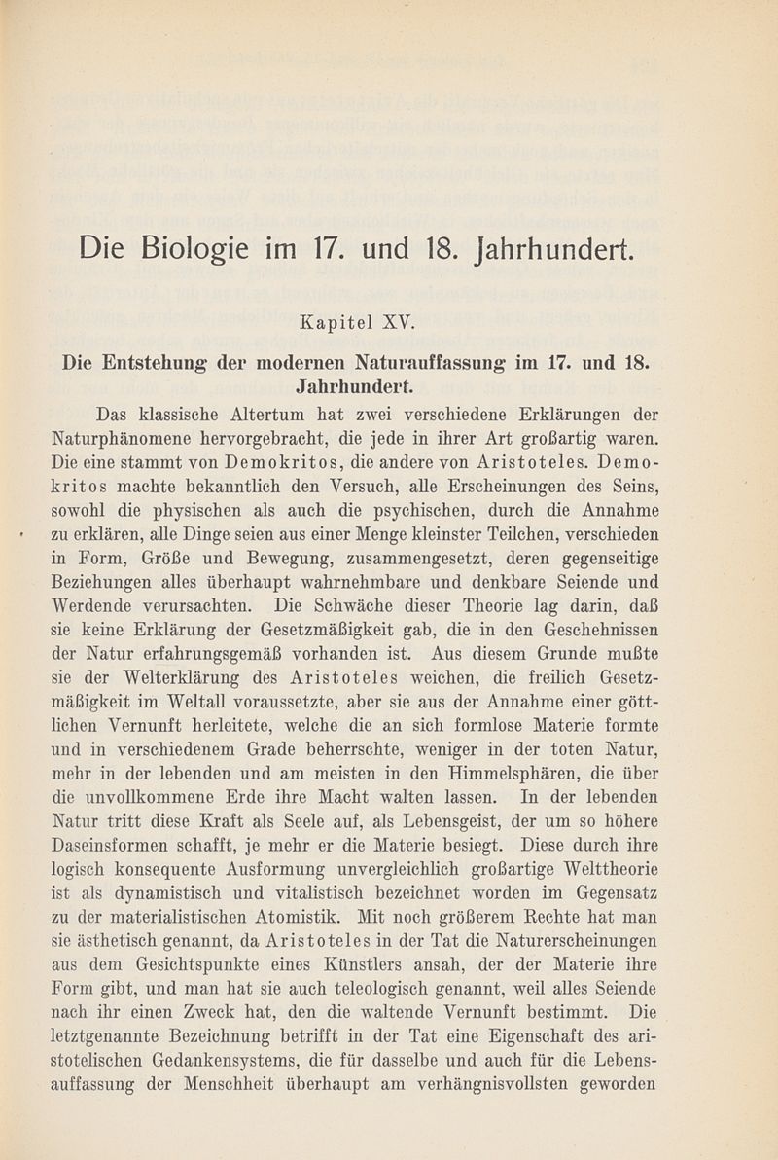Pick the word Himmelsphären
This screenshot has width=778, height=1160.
point(529,764)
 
